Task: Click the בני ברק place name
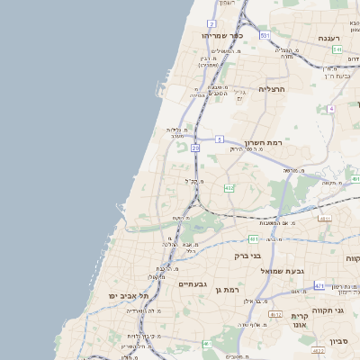click(247, 256)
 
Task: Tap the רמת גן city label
click(231, 289)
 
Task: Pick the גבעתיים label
click(193, 283)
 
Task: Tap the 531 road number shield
click(265, 35)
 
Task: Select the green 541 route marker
click(336, 54)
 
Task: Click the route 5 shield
click(219, 139)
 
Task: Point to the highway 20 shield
click(195, 159)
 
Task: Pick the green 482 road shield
click(229, 187)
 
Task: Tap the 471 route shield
click(319, 285)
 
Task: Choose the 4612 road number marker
click(275, 314)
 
